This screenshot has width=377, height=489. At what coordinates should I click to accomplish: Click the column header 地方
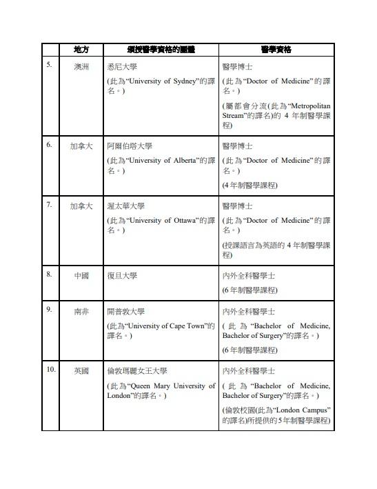click(x=81, y=50)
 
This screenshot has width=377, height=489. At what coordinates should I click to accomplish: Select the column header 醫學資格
click(x=276, y=50)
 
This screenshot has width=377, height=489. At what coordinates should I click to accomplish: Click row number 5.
click(x=49, y=66)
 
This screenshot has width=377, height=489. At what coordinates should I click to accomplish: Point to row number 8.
click(x=49, y=275)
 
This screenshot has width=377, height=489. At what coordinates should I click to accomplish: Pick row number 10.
click(x=51, y=370)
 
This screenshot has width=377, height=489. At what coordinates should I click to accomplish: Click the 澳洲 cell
click(x=81, y=68)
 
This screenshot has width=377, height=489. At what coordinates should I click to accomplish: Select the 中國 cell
click(x=81, y=276)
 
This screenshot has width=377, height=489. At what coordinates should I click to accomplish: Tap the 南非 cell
click(x=81, y=311)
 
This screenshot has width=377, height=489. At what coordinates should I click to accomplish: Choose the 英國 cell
click(x=81, y=371)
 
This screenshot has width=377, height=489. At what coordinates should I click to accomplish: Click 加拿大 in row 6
click(x=81, y=146)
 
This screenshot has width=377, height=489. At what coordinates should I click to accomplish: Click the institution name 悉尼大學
click(x=122, y=68)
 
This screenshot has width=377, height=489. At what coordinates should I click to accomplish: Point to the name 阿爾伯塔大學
click(x=130, y=146)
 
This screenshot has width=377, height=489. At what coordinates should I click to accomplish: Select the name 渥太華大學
click(x=125, y=206)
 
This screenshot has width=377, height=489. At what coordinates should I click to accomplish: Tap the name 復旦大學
click(x=122, y=276)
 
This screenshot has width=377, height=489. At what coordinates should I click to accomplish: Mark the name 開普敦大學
click(x=125, y=311)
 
